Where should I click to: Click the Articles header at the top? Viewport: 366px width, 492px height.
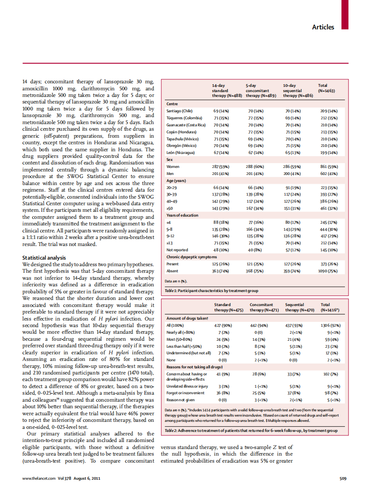323,27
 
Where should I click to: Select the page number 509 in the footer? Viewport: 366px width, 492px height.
343,478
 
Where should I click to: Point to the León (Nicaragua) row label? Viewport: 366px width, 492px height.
180,152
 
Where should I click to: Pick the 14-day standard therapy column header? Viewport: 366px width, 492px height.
227,90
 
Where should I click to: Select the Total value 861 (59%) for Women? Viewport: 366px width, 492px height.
329,167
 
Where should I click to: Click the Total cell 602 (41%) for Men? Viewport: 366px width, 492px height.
329,173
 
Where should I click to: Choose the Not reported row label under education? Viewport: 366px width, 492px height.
178,250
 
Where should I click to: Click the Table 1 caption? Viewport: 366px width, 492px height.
211,291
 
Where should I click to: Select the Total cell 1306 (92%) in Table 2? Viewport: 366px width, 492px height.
329,326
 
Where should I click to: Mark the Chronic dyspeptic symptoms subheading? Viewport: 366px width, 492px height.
192,257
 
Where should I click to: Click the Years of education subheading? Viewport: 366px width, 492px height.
182,215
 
